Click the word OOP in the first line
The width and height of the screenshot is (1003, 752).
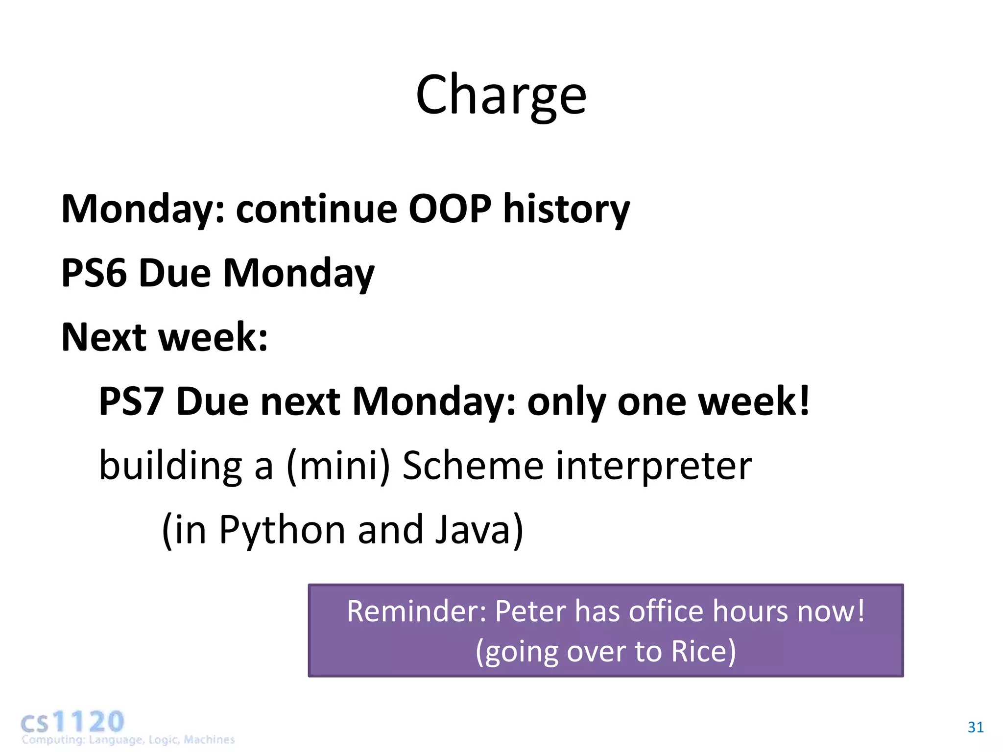450,209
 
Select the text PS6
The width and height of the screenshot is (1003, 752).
94,273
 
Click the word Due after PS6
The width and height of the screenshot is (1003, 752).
174,273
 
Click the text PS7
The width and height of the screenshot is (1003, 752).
131,401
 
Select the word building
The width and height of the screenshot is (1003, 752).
170,466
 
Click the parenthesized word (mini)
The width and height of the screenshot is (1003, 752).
338,466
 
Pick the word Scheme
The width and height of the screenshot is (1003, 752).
473,466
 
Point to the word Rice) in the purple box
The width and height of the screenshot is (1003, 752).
703,652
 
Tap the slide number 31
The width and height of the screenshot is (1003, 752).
975,728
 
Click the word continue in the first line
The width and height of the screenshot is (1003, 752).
316,209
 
